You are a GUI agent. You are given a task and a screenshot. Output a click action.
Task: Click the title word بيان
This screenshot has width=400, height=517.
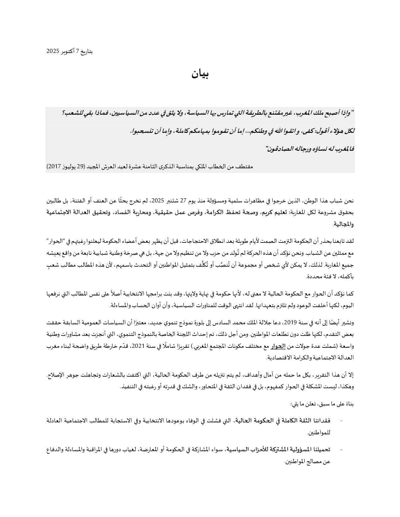(200, 74)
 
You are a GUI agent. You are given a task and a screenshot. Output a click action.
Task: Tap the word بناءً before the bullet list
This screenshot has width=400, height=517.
(349, 404)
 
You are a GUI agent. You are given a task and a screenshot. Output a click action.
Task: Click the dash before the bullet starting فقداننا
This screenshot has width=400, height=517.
(341, 420)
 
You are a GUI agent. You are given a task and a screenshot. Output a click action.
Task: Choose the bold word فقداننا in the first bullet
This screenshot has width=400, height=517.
(320, 420)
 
